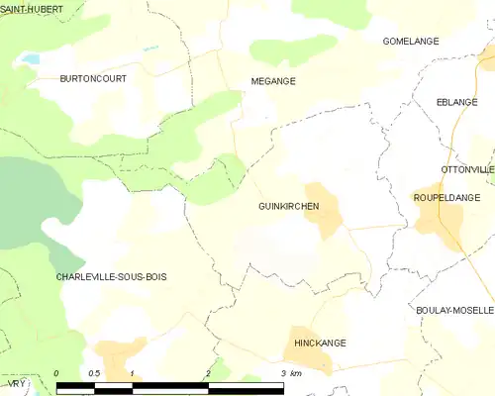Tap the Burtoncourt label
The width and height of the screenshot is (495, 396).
(93, 78)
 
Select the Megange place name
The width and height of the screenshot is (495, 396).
(272, 81)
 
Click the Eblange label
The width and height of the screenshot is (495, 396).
(456, 102)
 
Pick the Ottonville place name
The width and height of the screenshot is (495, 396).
(467, 170)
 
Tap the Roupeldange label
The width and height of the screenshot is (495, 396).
(446, 198)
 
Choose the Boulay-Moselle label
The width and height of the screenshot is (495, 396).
(455, 310)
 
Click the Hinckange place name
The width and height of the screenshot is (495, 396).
(321, 343)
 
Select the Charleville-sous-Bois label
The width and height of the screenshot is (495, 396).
(111, 277)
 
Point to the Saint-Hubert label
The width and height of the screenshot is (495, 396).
(33, 9)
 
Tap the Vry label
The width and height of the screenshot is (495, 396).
(10, 380)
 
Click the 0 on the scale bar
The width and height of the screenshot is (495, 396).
(57, 373)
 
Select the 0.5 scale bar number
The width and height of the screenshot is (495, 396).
(93, 373)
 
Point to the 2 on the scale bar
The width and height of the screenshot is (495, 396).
(208, 373)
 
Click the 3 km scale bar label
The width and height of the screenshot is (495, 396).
(290, 373)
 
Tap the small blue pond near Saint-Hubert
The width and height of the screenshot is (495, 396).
(30, 58)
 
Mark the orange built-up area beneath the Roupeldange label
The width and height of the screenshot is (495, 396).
(434, 220)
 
